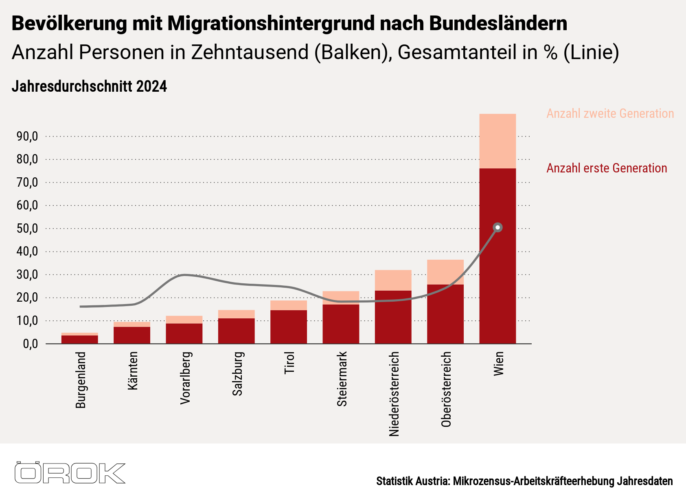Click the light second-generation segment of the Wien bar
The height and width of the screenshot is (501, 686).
[498, 141]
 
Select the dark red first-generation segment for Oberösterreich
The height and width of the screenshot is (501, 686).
[445, 314]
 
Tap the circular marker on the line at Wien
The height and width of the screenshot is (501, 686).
[498, 227]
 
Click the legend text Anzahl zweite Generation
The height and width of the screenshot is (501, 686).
[610, 113]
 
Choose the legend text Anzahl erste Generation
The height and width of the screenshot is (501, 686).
[607, 168]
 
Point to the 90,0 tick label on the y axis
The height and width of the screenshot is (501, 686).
[27, 136]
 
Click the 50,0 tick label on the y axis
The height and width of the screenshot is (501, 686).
[27, 228]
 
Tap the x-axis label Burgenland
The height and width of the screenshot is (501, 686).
[81, 380]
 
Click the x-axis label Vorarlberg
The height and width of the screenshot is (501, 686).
[185, 378]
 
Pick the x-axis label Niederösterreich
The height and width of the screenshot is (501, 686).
[394, 394]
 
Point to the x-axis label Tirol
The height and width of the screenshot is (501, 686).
[289, 363]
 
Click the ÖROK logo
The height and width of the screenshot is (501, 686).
[70, 473]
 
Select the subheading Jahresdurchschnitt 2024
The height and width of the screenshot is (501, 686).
[89, 86]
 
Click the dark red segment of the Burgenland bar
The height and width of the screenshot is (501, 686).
[80, 340]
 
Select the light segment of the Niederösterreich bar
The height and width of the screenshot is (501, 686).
[393, 280]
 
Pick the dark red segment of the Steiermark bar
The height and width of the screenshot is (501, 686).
[341, 324]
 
